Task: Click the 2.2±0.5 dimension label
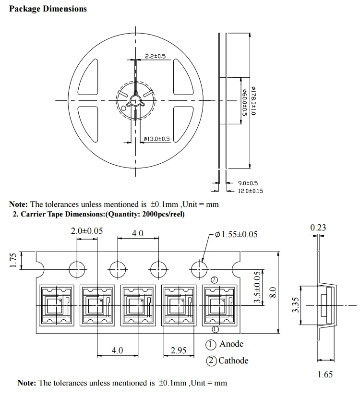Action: pyautogui.click(x=155, y=57)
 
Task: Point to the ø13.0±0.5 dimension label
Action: pyautogui.click(x=157, y=139)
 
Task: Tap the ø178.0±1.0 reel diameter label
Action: pyautogui.click(x=255, y=100)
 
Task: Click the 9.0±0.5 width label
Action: pyautogui.click(x=248, y=183)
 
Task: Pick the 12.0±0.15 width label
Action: pyautogui.click(x=251, y=191)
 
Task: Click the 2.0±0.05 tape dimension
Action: pyautogui.click(x=86, y=231)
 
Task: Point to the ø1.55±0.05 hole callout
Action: pyautogui.click(x=236, y=234)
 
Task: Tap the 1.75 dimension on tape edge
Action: pyautogui.click(x=14, y=259)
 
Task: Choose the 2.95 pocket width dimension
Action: pyautogui.click(x=179, y=350)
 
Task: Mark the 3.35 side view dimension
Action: pyautogui.click(x=295, y=305)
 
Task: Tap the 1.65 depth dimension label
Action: pyautogui.click(x=325, y=374)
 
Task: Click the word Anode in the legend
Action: pyautogui.click(x=231, y=344)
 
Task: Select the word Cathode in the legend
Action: pyautogui.click(x=233, y=360)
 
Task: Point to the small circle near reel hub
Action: pyautogui.click(x=124, y=109)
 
